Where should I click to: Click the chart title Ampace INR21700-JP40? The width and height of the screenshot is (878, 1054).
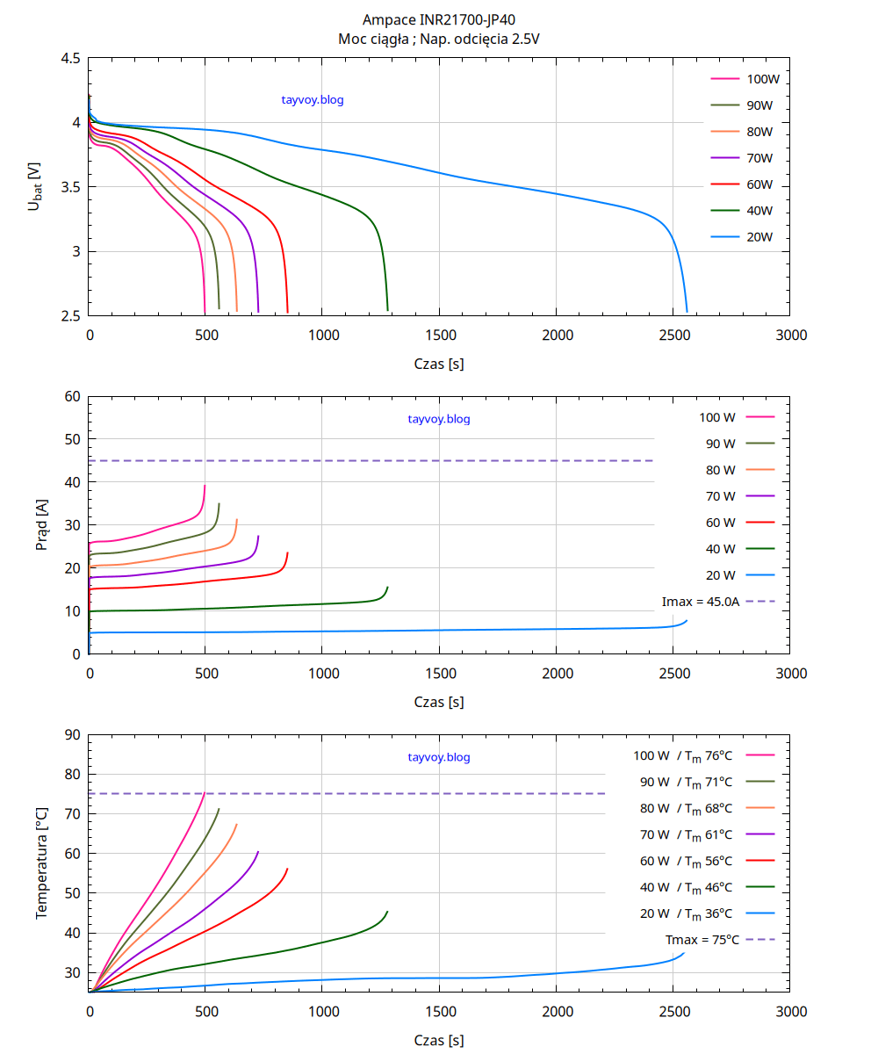(439, 19)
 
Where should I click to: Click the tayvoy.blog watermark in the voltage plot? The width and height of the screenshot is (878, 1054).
(313, 100)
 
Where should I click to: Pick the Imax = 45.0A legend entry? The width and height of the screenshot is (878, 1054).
(701, 602)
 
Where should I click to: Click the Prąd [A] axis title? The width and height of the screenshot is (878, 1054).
(41, 525)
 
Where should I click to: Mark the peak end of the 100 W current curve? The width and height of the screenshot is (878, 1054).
(205, 486)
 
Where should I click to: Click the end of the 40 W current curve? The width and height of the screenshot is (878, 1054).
(387, 588)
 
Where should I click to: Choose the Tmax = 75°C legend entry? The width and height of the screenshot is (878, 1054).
(702, 940)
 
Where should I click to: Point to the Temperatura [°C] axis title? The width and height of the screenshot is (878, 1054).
(41, 863)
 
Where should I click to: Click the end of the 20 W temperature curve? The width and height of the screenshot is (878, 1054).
(683, 953)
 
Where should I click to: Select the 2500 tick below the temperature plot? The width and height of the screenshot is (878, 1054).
(673, 1012)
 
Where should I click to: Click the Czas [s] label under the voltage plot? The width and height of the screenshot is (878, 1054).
(439, 364)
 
